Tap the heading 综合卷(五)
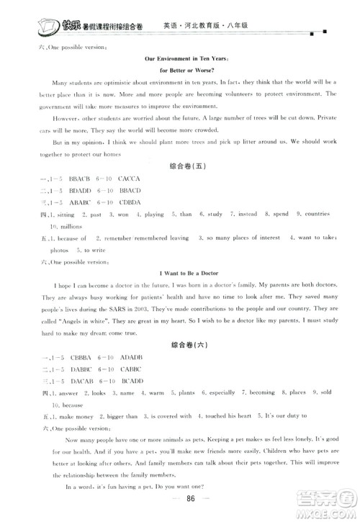click(181, 163)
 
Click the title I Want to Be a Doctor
click(181, 273)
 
